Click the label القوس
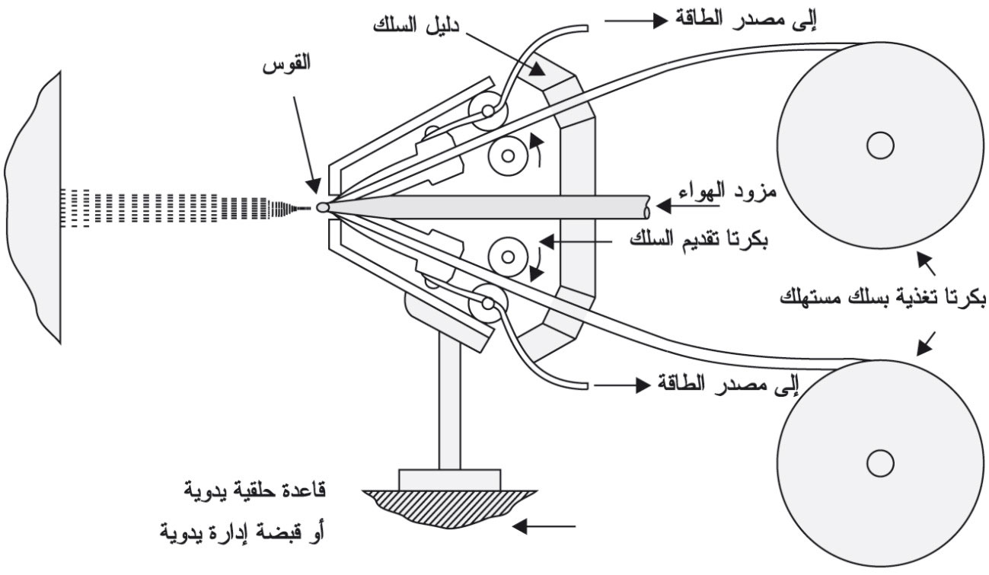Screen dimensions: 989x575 [286, 64]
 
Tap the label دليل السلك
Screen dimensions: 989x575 [416, 25]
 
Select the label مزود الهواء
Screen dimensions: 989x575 [727, 192]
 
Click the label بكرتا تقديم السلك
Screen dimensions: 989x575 [699, 239]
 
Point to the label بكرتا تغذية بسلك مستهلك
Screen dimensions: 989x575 [882, 297]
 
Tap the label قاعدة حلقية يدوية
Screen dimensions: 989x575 [255, 491]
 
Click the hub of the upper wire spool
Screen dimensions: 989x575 [880, 145]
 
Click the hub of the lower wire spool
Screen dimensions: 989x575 [880, 463]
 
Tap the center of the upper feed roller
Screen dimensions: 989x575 [508, 156]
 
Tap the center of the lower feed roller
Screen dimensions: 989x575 [508, 257]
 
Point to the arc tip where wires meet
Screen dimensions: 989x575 [323, 206]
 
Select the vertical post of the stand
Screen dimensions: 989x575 [450, 402]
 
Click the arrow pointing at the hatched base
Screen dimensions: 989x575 [544, 526]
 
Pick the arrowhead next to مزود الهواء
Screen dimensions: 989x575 [664, 206]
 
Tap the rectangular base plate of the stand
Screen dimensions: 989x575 [449, 480]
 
